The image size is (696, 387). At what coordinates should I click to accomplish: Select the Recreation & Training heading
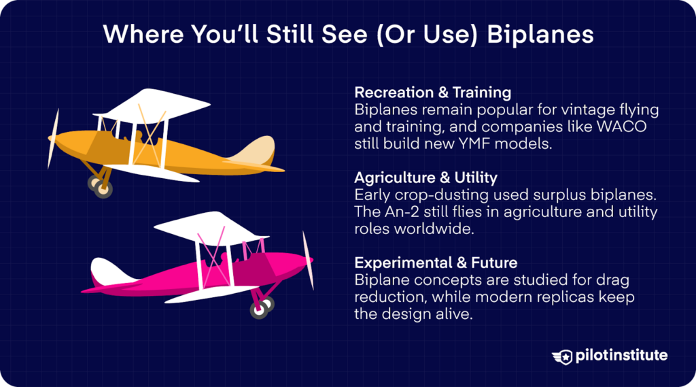432,92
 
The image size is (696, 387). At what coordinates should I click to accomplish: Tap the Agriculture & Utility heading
425,178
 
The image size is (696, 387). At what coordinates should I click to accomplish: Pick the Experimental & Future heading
436,263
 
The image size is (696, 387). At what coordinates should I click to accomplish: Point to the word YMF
465,144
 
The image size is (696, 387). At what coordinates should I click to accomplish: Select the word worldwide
437,229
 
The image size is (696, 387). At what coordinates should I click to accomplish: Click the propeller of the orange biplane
53,139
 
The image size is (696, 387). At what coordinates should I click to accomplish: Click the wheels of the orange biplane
99,186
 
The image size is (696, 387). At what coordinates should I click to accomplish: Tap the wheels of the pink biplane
262,309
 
